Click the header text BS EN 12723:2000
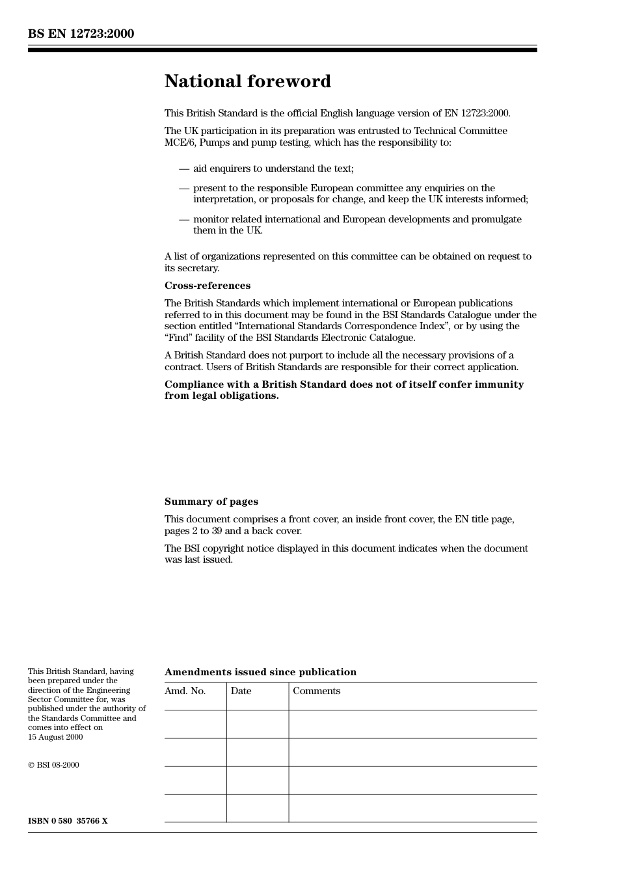point(81,34)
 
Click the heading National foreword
point(247,81)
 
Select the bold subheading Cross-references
point(207,286)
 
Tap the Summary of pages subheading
point(211,502)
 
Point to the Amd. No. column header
point(185,691)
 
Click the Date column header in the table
point(241,691)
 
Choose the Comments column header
point(316,691)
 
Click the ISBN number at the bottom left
point(68,821)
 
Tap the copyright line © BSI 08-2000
point(53,765)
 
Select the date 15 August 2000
point(55,737)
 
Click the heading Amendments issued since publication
point(260,672)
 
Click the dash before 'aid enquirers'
point(184,168)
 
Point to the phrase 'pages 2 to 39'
point(193,531)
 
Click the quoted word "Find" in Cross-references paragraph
point(178,338)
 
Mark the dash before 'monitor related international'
point(184,219)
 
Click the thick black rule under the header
point(282,49)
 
